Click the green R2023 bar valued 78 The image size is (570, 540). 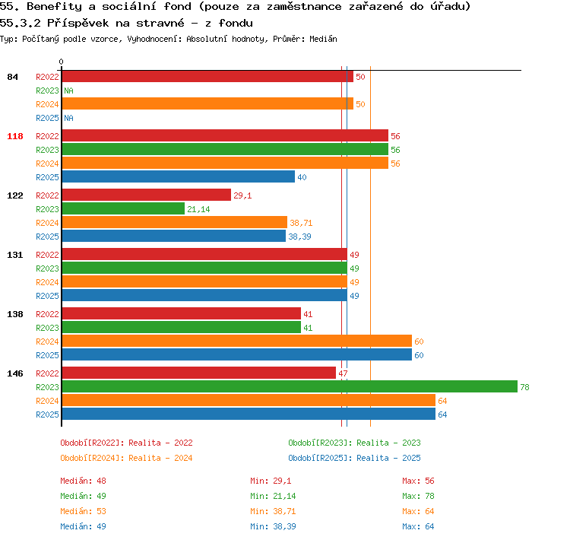click(x=290, y=386)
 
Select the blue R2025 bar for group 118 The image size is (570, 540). click(x=179, y=177)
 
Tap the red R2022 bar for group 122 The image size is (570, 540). click(x=147, y=195)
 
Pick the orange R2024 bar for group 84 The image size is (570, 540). click(x=207, y=103)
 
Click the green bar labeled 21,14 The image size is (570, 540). click(x=123, y=208)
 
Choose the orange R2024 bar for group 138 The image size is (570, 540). click(x=237, y=341)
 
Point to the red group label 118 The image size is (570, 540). click(x=15, y=136)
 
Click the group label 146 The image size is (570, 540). click(x=15, y=373)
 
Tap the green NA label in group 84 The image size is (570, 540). click(x=68, y=91)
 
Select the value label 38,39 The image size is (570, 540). click(x=299, y=237)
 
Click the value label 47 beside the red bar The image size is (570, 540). click(x=343, y=373)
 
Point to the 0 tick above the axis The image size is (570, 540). click(x=61, y=62)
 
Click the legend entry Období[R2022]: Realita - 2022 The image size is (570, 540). click(x=126, y=443)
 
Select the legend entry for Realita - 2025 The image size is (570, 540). click(x=354, y=458)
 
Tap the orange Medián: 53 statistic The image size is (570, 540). click(x=84, y=511)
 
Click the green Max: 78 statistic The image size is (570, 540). click(x=418, y=496)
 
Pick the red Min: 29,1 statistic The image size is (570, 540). click(x=271, y=481)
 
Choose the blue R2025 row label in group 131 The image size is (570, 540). click(x=47, y=296)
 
